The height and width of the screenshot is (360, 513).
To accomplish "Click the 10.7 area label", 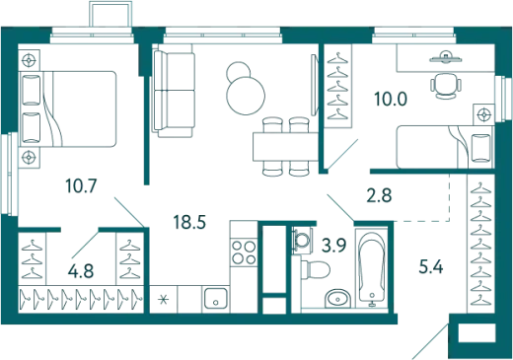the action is pyautogui.click(x=81, y=186).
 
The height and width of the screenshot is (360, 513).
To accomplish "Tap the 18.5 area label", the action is pyautogui.click(x=189, y=222).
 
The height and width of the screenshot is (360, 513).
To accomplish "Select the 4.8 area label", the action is pyautogui.click(x=81, y=271).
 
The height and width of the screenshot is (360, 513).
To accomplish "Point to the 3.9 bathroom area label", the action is pyautogui.click(x=333, y=245).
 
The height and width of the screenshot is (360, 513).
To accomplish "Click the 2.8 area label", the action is pyautogui.click(x=379, y=195).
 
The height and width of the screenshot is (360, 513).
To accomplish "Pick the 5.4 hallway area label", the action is pyautogui.click(x=431, y=267).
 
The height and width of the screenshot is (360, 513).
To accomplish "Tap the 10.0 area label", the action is pyautogui.click(x=391, y=99).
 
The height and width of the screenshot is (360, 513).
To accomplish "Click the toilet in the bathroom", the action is pyautogui.click(x=315, y=270).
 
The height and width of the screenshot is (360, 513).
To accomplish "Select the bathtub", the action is pyautogui.click(x=372, y=267).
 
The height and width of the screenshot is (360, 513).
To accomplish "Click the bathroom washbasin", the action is pyautogui.click(x=337, y=299).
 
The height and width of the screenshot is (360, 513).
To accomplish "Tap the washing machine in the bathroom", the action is pyautogui.click(x=301, y=240).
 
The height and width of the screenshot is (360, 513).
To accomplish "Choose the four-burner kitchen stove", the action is pyautogui.click(x=244, y=252).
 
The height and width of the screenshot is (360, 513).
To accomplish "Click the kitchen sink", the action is pyautogui.click(x=215, y=298).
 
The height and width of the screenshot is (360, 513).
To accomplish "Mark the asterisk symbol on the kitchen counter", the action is pyautogui.click(x=163, y=300).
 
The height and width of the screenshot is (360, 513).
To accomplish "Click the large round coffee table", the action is pyautogui.click(x=246, y=96).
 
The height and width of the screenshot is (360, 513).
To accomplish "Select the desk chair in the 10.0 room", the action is pyautogui.click(x=445, y=86).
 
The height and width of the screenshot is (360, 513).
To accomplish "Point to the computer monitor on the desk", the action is pyautogui.click(x=445, y=57).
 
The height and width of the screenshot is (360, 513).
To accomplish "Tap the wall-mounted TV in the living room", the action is pyautogui.click(x=315, y=85).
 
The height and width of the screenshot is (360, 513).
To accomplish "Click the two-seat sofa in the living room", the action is pyautogui.click(x=174, y=94).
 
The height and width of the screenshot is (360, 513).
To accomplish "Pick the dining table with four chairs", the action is pyautogui.click(x=285, y=147).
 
